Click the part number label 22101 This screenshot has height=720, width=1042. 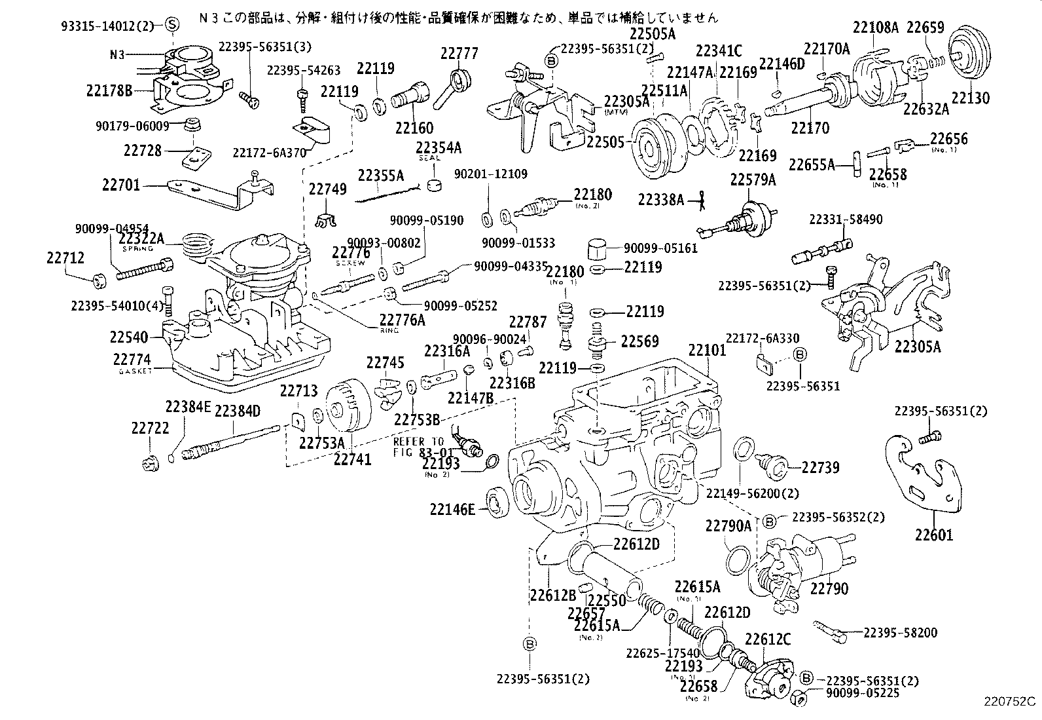(x=707, y=350)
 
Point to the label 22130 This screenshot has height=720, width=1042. (x=971, y=98)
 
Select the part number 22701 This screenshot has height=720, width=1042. (x=121, y=185)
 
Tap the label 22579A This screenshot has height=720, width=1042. (x=753, y=180)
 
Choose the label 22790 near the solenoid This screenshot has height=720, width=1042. (x=829, y=588)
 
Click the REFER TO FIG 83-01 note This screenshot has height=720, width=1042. (x=423, y=447)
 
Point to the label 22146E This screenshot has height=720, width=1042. (x=452, y=509)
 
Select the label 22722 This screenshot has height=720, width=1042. (x=150, y=428)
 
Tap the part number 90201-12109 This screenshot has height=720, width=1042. (x=491, y=174)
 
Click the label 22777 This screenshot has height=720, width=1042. (x=459, y=53)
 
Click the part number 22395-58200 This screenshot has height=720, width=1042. (x=900, y=632)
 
